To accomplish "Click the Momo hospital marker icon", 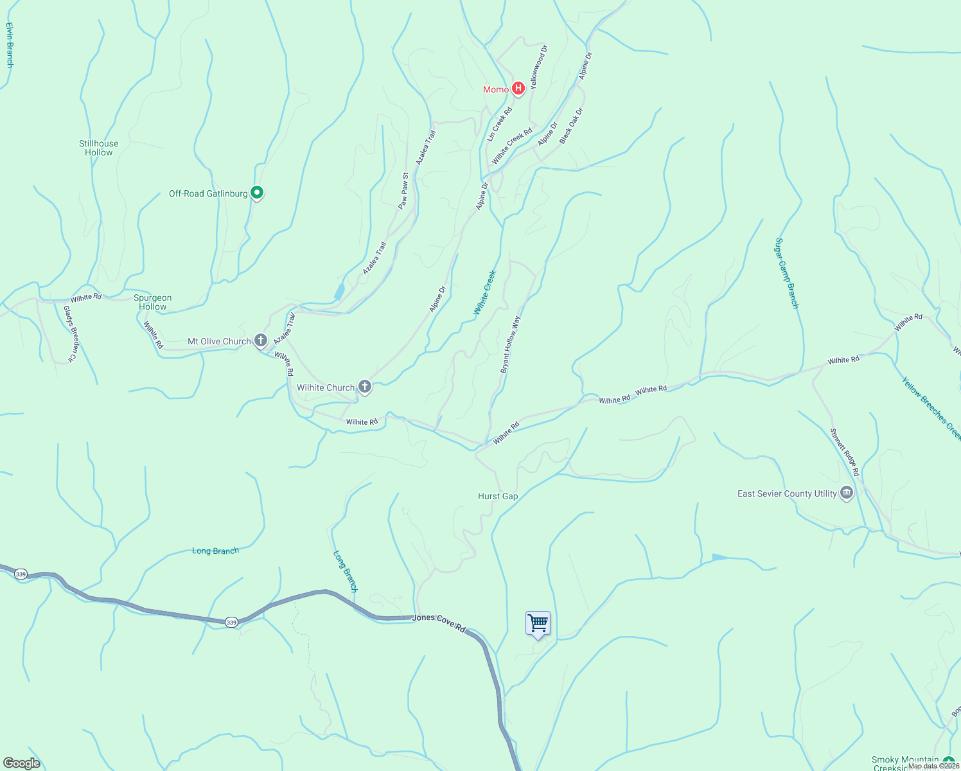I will (518, 88).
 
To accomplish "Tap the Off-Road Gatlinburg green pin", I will (257, 192).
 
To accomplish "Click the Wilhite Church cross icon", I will (364, 386).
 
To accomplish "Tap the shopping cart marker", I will (538, 623).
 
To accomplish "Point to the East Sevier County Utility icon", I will (846, 493).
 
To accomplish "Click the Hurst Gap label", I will (498, 496).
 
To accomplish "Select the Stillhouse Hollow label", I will (99, 148).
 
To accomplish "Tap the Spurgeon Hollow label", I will (153, 302).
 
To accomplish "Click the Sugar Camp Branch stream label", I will (787, 273).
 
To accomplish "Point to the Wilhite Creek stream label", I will (485, 292).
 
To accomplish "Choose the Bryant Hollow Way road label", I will (511, 344).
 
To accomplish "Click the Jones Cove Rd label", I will (439, 621).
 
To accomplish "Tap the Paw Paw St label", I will (403, 191).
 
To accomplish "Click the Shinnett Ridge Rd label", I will (844, 452).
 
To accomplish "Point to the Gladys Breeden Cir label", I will (70, 332).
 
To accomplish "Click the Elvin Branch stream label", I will (9, 45).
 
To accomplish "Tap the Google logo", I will (21, 763).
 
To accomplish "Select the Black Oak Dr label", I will (571, 126).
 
